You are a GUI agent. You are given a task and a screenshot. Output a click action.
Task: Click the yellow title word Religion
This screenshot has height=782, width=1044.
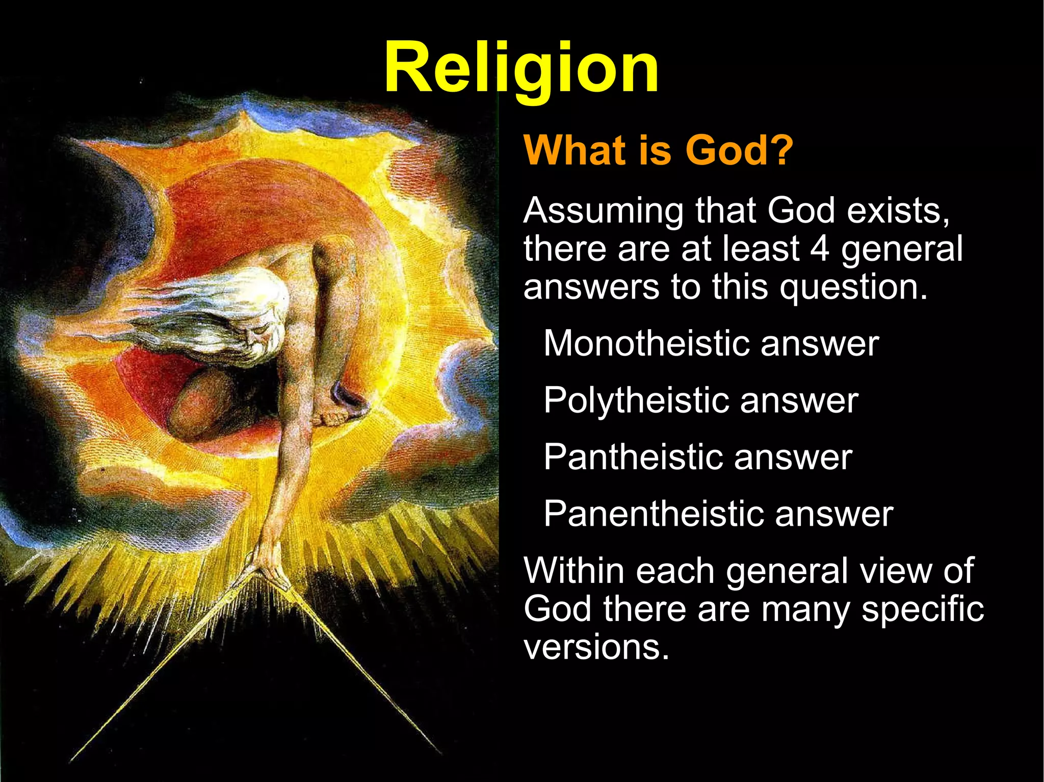coord(521,69)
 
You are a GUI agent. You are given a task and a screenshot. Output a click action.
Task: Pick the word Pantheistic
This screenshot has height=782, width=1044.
coord(633,456)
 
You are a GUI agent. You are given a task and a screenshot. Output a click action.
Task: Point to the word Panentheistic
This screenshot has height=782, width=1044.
coord(653,513)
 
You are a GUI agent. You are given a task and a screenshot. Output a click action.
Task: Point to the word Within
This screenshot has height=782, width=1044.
coord(573,570)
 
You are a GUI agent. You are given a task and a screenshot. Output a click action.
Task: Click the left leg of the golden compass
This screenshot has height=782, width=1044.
coord(153,672)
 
